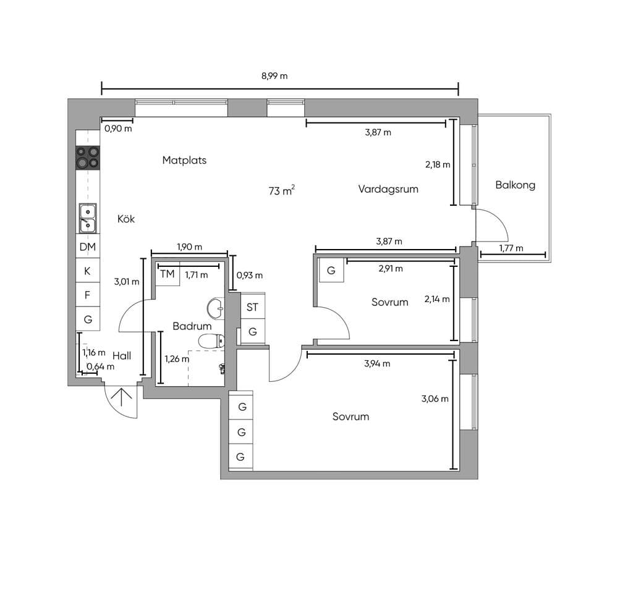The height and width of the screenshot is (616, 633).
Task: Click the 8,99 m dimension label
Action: [x=274, y=76]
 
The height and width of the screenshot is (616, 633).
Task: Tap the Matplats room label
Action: [x=184, y=160]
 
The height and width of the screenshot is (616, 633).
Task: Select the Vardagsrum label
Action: [x=388, y=189]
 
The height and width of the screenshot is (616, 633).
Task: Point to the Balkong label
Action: [x=515, y=185]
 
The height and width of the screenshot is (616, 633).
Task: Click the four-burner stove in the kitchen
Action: [x=88, y=158]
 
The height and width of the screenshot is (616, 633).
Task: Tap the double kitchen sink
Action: [x=88, y=218]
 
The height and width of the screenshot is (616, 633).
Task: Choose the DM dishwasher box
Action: [x=88, y=247]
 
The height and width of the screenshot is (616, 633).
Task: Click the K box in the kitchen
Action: [x=88, y=271]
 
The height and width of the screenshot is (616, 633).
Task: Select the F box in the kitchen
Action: [x=88, y=295]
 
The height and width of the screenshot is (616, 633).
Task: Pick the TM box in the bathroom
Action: [x=168, y=274]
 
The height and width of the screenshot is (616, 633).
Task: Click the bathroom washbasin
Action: [x=216, y=308]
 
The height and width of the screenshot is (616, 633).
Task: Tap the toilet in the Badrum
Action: [x=211, y=341]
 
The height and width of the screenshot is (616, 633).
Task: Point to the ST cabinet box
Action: [x=253, y=307]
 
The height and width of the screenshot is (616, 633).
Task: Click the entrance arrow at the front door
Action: [x=122, y=397]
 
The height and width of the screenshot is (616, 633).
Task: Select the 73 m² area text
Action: [x=281, y=190]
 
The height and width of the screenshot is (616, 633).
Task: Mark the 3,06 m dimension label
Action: [x=435, y=399]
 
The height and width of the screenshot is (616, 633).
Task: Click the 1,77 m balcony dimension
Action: [x=511, y=248]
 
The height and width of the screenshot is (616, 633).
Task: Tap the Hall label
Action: [x=122, y=355]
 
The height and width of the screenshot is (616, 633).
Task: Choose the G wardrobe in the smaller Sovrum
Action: [x=331, y=270]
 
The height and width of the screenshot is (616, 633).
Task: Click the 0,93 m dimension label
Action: [x=250, y=275]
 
